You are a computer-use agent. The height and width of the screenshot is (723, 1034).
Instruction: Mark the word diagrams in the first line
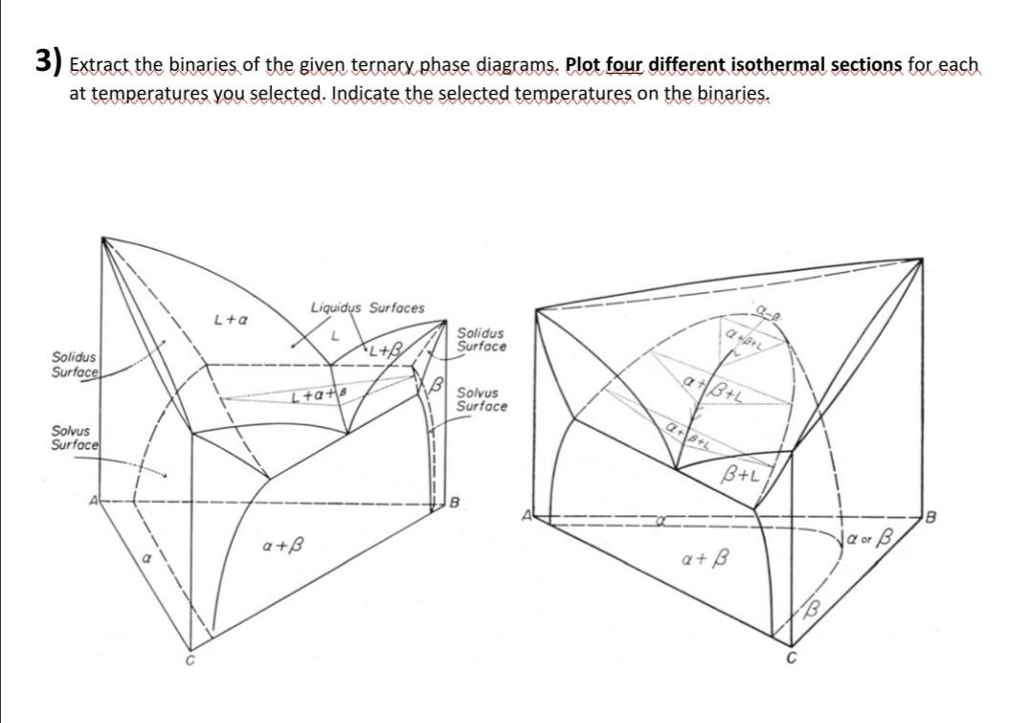(x=521, y=67)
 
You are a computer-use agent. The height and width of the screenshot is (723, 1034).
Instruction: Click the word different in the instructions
(x=687, y=67)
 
